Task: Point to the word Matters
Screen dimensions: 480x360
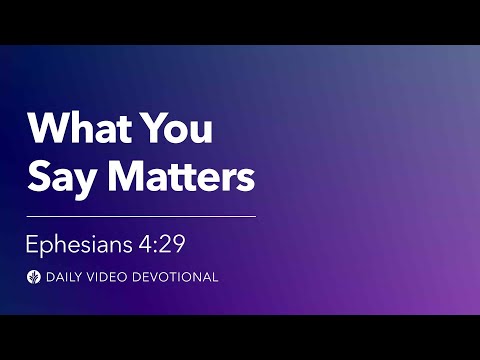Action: tap(182, 175)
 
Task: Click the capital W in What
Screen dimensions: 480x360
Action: tap(49, 127)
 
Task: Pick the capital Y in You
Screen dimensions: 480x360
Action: tap(156, 127)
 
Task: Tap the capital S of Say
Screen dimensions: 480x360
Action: tap(39, 175)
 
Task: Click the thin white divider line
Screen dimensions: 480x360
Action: tap(141, 216)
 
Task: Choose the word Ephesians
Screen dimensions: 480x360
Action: tap(79, 245)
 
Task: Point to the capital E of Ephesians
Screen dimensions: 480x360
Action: tap(32, 244)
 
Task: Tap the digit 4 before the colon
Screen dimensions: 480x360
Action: tap(145, 244)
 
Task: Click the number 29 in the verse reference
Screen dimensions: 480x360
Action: tap(172, 244)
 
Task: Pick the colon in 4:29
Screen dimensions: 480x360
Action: tap(156, 247)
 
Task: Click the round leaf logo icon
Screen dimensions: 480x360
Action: tap(34, 277)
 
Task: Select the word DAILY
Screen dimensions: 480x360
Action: tap(64, 277)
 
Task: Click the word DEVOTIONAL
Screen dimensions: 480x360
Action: tap(175, 277)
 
